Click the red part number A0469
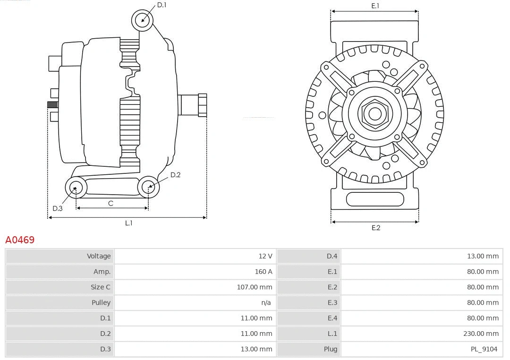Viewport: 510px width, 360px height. click(x=20, y=240)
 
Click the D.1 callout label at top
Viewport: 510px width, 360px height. click(x=161, y=5)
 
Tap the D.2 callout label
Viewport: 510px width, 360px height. click(x=175, y=175)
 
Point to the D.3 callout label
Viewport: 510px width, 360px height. click(x=58, y=208)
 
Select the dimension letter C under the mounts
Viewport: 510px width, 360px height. click(x=110, y=203)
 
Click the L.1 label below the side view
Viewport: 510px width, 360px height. click(x=128, y=223)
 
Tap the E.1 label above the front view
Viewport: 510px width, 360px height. click(x=375, y=6)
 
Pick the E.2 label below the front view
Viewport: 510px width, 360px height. click(x=375, y=228)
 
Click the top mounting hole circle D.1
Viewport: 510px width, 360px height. click(x=143, y=20)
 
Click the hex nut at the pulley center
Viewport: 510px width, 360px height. click(x=375, y=113)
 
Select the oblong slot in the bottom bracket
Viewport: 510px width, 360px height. click(x=375, y=199)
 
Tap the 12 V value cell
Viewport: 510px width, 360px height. click(x=265, y=256)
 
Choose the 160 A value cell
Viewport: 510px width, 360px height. click(x=263, y=272)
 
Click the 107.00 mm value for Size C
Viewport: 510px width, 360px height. click(x=255, y=287)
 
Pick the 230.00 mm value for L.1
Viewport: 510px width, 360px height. click(x=481, y=334)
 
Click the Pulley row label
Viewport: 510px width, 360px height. click(x=101, y=303)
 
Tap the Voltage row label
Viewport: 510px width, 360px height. click(x=99, y=256)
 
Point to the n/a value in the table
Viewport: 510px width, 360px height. click(x=266, y=303)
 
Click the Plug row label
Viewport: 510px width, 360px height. click(x=331, y=349)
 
